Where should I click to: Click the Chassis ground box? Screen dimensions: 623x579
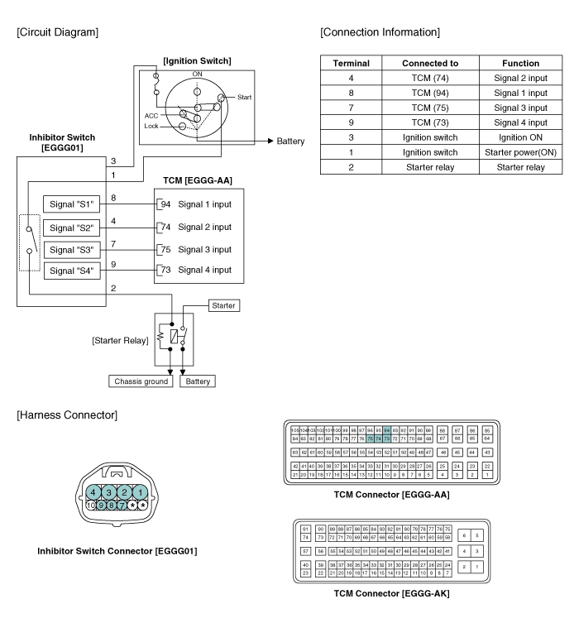click(142, 381)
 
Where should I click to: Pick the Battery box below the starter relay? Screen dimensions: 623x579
click(199, 381)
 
